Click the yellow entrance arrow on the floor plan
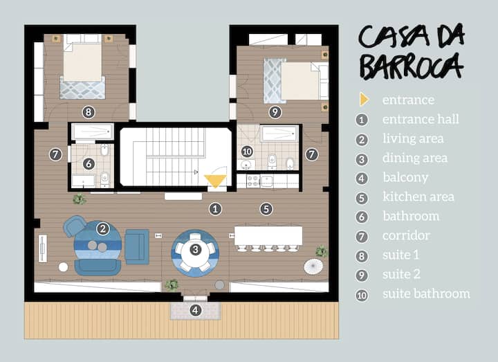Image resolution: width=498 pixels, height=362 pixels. pyautogui.click(x=215, y=181)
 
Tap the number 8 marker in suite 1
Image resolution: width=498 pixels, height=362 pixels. pyautogui.click(x=89, y=112)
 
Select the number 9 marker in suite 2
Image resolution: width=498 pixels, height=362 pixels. pyautogui.click(x=275, y=112)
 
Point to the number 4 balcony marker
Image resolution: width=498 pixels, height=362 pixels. pyautogui.click(x=195, y=310)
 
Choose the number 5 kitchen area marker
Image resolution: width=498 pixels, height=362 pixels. pyautogui.click(x=266, y=209)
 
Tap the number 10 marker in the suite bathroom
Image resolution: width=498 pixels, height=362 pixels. pyautogui.click(x=247, y=152)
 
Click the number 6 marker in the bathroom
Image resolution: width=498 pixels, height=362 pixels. pyautogui.click(x=89, y=163)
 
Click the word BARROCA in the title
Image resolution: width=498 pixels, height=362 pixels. pyautogui.click(x=412, y=67)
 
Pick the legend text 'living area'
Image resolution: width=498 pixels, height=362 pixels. pyautogui.click(x=413, y=138)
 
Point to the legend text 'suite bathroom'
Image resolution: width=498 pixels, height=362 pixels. pyautogui.click(x=426, y=293)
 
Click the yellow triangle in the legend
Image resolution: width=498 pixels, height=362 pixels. pyautogui.click(x=364, y=100)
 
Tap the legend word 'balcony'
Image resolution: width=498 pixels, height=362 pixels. pyautogui.click(x=405, y=177)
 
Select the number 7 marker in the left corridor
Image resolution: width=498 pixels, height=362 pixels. pyautogui.click(x=55, y=155)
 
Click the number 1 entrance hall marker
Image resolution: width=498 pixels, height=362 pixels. pyautogui.click(x=215, y=209)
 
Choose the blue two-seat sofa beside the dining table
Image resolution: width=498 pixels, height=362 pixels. pyautogui.click(x=137, y=247)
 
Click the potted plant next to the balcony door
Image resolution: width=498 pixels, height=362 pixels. pyautogui.click(x=172, y=285)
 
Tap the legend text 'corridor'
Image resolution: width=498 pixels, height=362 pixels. pyautogui.click(x=406, y=235)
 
